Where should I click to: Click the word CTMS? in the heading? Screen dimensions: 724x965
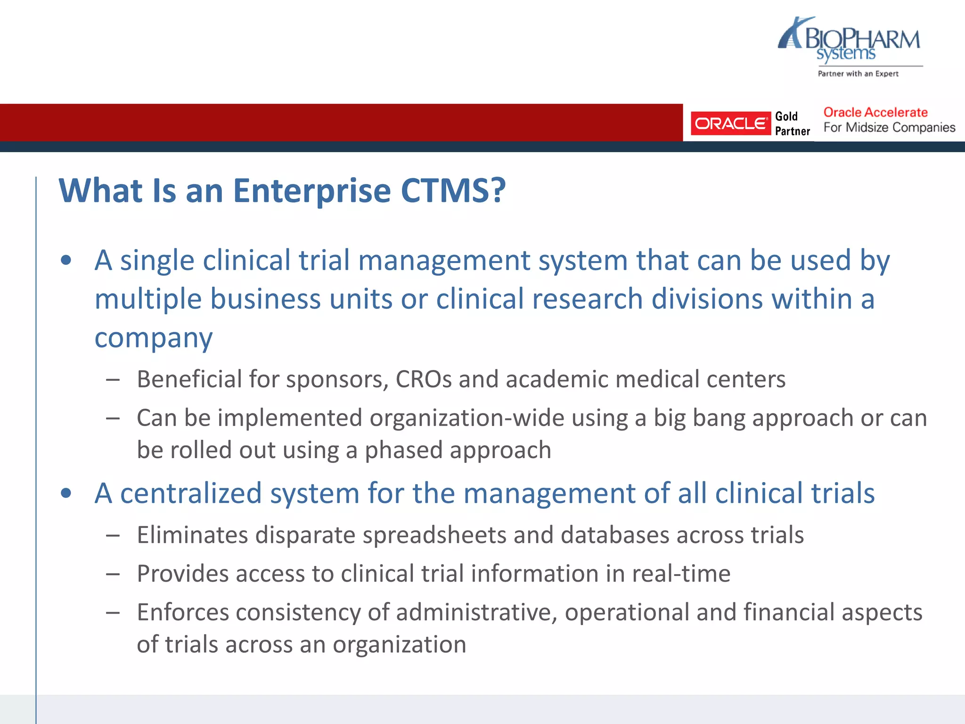pyautogui.click(x=453, y=191)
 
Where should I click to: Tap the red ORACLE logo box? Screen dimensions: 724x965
pyautogui.click(x=730, y=123)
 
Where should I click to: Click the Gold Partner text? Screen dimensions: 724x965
pyautogui.click(x=792, y=123)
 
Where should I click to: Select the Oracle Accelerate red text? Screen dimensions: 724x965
pyautogui.click(x=875, y=113)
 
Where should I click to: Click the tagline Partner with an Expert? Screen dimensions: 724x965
pyautogui.click(x=858, y=74)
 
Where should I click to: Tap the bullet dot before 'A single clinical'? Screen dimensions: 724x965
pyautogui.click(x=66, y=260)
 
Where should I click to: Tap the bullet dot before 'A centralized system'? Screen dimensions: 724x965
pyautogui.click(x=66, y=493)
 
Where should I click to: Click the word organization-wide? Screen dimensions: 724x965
pyautogui.click(x=466, y=418)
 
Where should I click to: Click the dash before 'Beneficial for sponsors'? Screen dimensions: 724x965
pyautogui.click(x=113, y=379)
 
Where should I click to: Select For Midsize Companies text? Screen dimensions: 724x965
pyautogui.click(x=889, y=128)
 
